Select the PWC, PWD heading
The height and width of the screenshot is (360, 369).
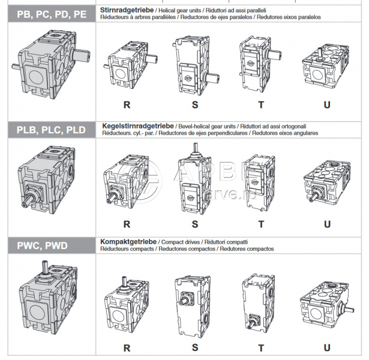(42, 245)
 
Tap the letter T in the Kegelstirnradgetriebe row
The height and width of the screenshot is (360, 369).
(261, 224)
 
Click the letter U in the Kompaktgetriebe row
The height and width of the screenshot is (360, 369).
(327, 347)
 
